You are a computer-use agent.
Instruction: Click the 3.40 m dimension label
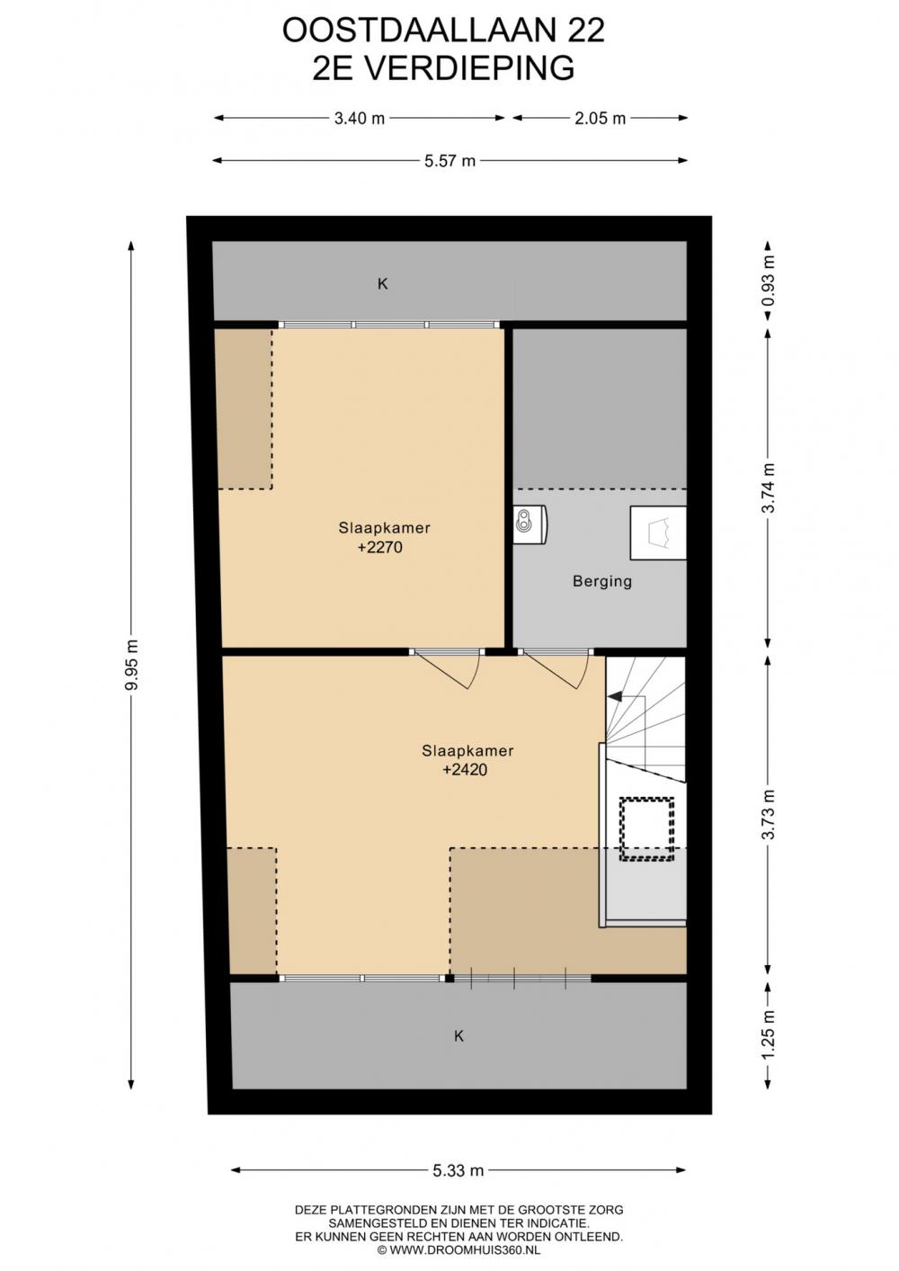[x=359, y=119]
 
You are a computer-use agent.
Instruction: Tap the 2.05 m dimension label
[x=600, y=119]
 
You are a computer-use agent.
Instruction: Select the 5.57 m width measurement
[x=449, y=161]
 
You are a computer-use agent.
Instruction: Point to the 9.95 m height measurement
[x=131, y=665]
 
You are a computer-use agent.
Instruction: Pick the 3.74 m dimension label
[x=768, y=488]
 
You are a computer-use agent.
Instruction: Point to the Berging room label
[x=601, y=582]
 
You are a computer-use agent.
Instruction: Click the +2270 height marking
[x=380, y=548]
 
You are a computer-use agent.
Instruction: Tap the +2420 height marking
[x=465, y=770]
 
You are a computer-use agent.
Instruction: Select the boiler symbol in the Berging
[x=530, y=524]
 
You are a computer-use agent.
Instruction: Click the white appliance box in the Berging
[x=658, y=533]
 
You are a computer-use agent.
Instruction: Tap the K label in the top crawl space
[x=383, y=283]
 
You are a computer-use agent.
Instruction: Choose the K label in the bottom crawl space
[x=458, y=1036]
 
